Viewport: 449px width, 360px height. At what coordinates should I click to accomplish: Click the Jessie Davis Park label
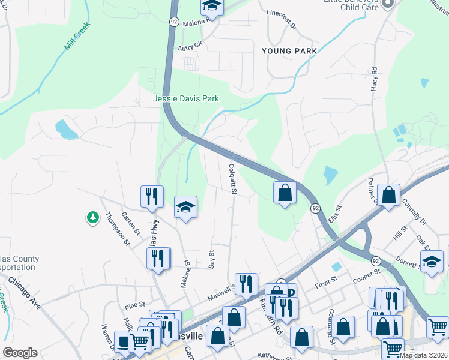[186, 98]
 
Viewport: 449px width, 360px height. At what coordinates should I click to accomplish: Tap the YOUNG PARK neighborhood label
[289, 51]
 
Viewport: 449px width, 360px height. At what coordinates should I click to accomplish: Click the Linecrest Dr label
[282, 19]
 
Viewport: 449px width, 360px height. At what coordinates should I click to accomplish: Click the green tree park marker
[92, 217]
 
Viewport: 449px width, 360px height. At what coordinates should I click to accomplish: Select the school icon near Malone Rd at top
[211, 6]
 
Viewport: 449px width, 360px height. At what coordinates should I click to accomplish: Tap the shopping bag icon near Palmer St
[389, 194]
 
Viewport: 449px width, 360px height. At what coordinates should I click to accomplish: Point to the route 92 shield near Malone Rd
[174, 21]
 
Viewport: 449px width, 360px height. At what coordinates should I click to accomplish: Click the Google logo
[20, 353]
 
